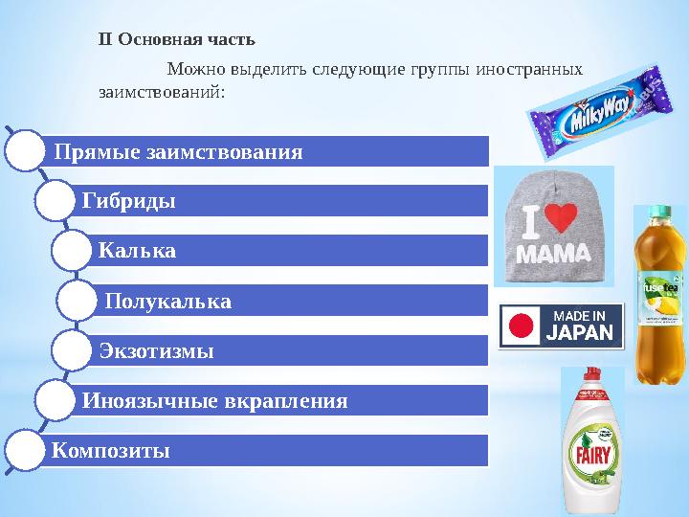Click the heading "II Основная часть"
coord(177,40)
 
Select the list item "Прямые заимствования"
coord(178,151)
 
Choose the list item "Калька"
coord(137,251)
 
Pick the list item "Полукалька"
coord(168,301)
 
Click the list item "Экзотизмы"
coord(156,350)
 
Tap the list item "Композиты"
coord(111,449)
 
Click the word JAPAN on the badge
coord(578,333)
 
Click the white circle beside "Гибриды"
coord(53,201)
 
